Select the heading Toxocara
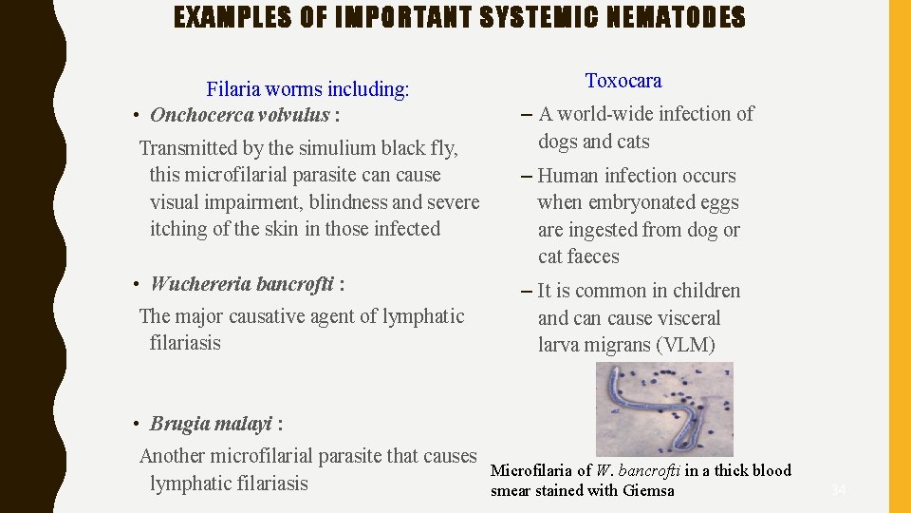pos(623,81)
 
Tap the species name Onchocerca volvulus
pos(239,115)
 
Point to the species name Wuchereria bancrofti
pos(241,284)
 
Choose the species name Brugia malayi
pos(211,424)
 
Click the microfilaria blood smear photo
pos(664,409)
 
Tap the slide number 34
pos(838,490)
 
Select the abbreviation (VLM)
pos(685,345)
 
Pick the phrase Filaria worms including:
pos(307,89)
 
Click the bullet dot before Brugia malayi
pos(138,425)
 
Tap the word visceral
pos(684,318)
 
